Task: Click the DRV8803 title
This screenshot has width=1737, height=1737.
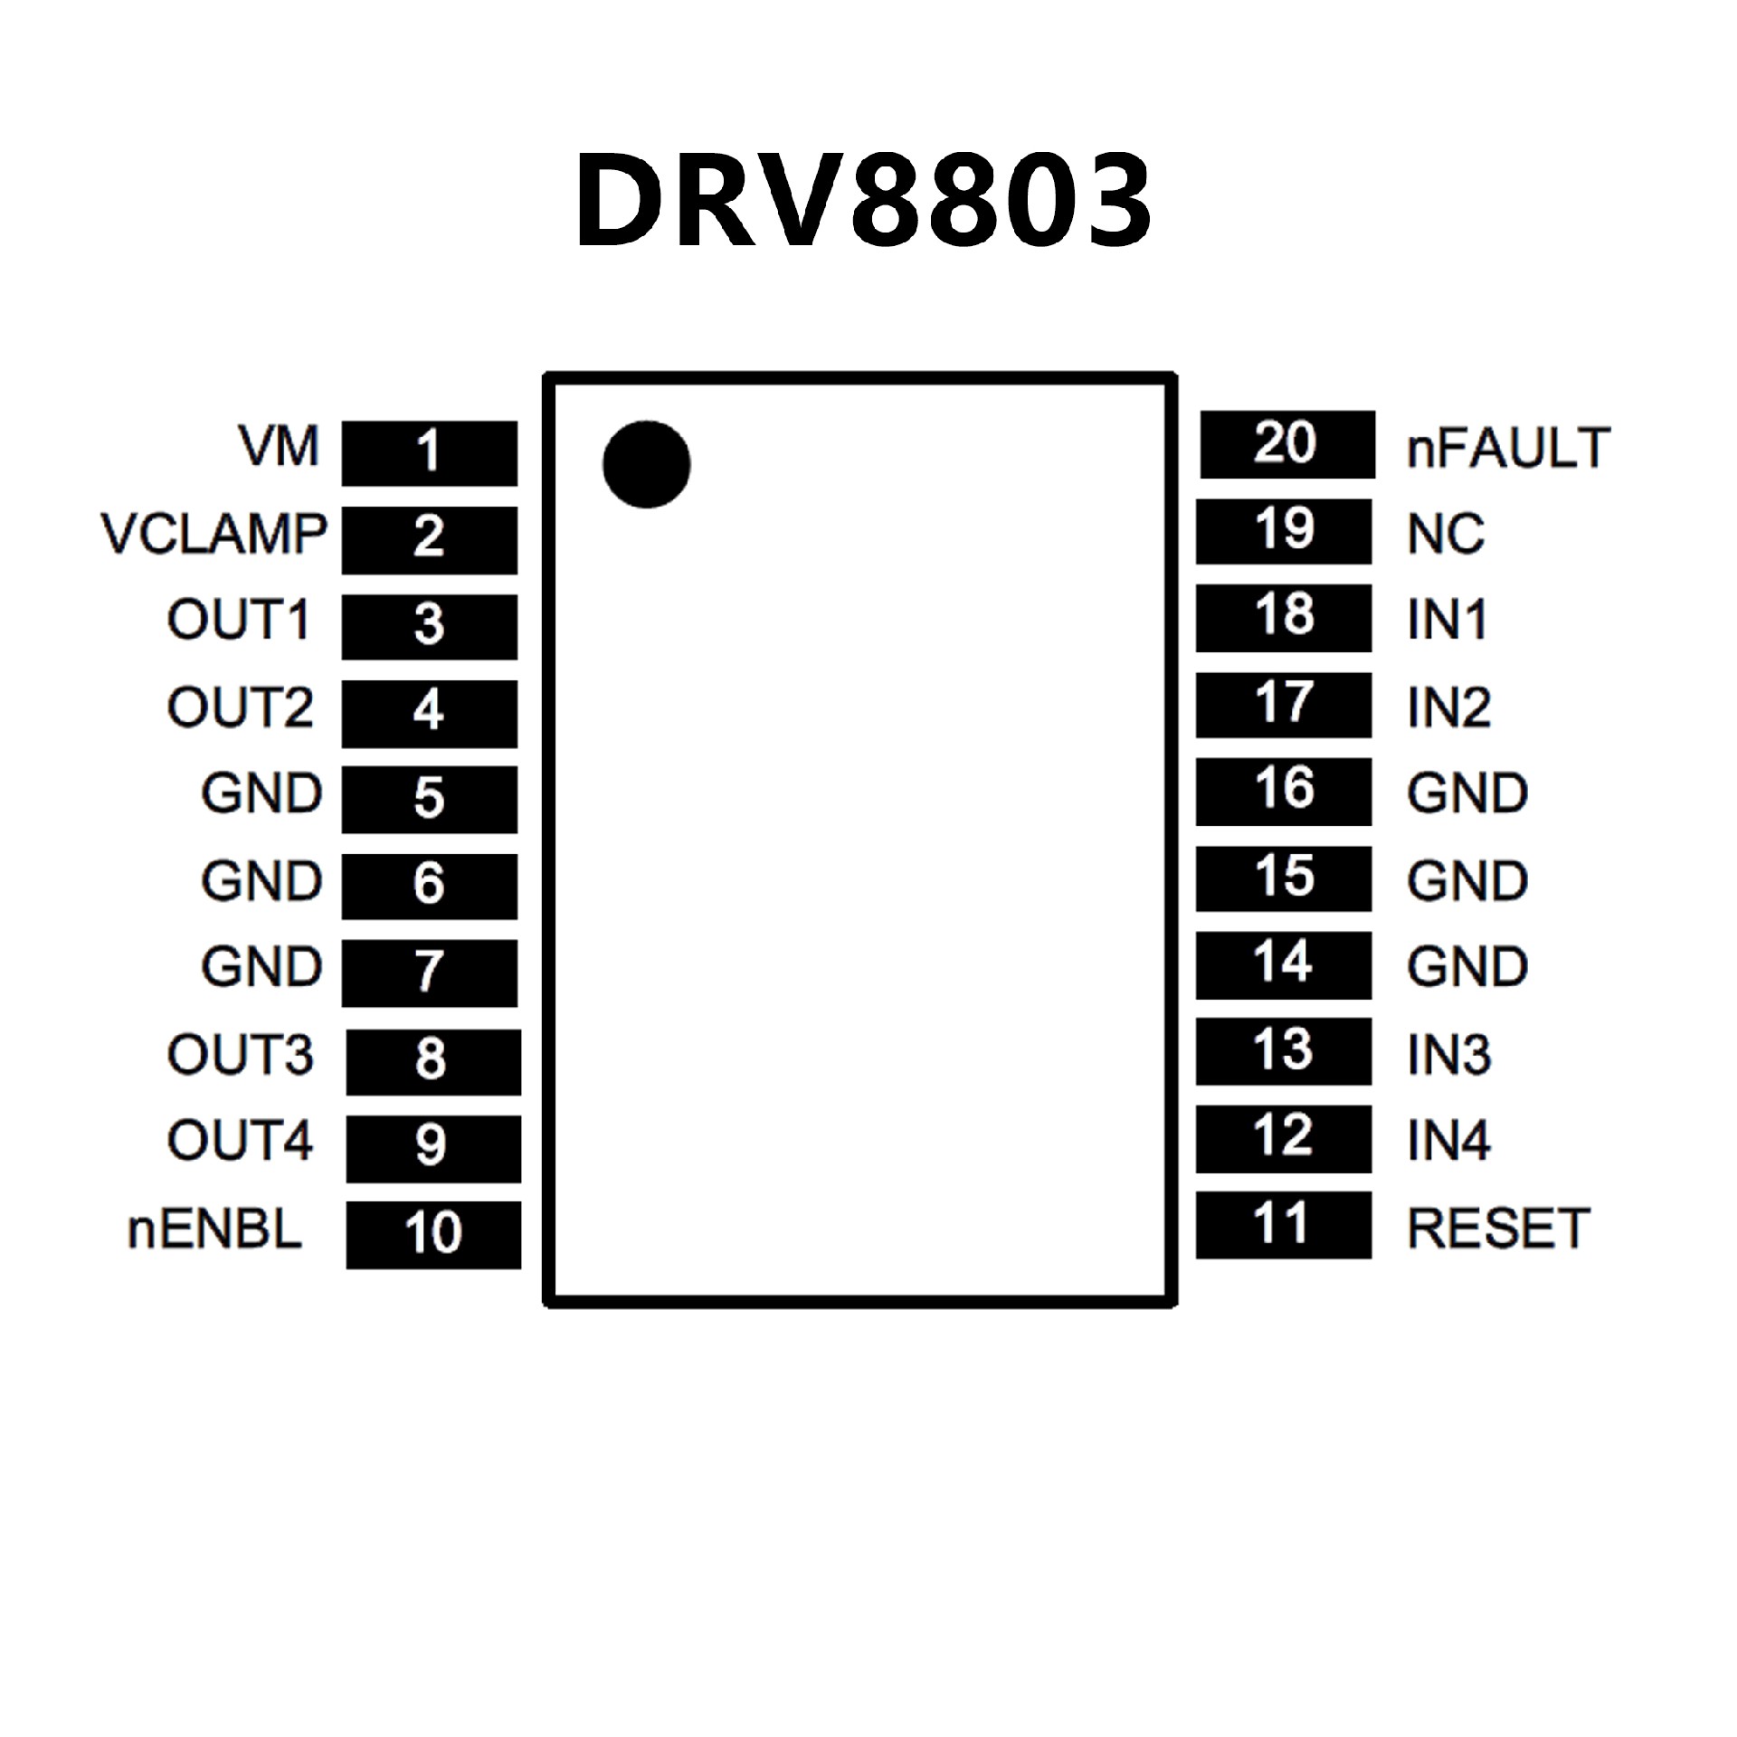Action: click(x=864, y=201)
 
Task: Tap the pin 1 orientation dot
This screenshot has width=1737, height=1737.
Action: click(x=646, y=464)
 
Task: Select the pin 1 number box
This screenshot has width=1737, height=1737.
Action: click(x=429, y=452)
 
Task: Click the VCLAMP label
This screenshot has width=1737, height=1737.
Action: click(x=214, y=534)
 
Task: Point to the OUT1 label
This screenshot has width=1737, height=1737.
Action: click(x=239, y=621)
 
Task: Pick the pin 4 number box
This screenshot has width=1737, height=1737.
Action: click(x=429, y=713)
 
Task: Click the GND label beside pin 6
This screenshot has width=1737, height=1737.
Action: click(x=261, y=881)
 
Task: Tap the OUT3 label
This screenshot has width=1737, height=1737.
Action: click(x=240, y=1055)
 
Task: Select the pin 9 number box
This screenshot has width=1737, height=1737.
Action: click(x=432, y=1148)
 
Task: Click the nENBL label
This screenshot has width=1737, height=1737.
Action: click(x=215, y=1230)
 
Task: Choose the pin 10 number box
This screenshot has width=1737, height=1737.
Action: click(x=432, y=1234)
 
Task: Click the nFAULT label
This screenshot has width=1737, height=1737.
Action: click(x=1508, y=447)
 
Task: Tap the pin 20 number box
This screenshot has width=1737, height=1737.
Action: click(x=1286, y=444)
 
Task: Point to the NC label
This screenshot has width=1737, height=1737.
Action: click(x=1446, y=534)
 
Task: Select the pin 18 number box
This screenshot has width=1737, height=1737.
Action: click(x=1283, y=618)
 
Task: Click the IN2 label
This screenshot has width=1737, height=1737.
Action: click(x=1448, y=707)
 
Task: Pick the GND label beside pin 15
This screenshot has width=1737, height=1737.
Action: click(x=1467, y=881)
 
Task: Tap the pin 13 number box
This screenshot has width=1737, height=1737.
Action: click(x=1283, y=1051)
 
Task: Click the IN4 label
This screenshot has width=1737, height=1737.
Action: click(x=1448, y=1140)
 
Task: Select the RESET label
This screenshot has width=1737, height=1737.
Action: click(x=1498, y=1228)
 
